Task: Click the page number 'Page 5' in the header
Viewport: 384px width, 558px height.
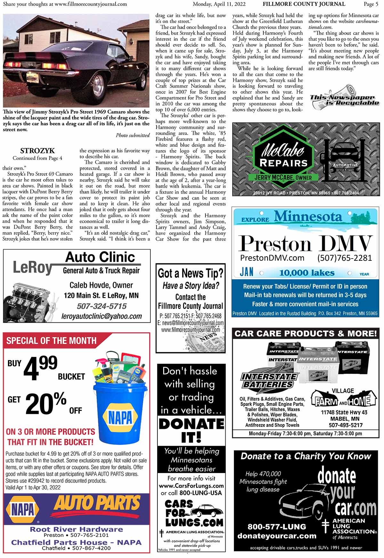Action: [x=371, y=4]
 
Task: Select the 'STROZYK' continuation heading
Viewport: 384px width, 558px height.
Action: [x=37, y=151]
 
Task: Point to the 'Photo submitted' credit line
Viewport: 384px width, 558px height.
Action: [x=133, y=136]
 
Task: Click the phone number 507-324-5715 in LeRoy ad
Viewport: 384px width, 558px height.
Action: [x=101, y=306]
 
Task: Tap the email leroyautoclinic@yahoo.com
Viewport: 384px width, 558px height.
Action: [x=101, y=316]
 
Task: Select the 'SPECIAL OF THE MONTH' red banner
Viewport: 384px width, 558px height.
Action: [x=52, y=341]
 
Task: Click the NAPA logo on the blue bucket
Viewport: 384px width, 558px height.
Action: [x=120, y=417]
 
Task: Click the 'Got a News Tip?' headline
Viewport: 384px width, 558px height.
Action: [x=190, y=274]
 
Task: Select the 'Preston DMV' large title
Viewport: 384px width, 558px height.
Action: [x=306, y=244]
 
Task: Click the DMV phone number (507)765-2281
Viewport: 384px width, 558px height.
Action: [x=344, y=258]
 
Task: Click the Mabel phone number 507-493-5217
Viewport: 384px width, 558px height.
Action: [x=345, y=425]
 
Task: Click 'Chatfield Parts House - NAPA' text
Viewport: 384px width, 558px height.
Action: [x=76, y=542]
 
